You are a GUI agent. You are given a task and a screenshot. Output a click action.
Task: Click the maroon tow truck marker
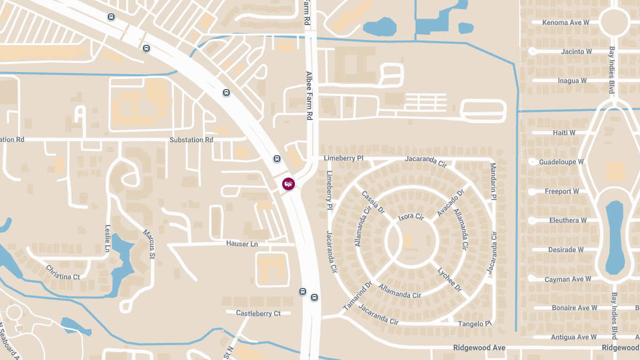click(x=288, y=184)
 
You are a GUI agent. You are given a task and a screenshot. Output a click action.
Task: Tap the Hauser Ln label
click(x=242, y=244)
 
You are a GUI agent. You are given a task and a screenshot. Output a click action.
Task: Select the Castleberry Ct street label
click(x=258, y=314)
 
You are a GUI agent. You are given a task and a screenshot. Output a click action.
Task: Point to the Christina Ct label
click(x=63, y=273)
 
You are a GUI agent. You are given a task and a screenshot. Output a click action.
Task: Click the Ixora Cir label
click(x=411, y=217)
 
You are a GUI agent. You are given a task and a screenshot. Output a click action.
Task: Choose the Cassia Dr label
click(x=373, y=203)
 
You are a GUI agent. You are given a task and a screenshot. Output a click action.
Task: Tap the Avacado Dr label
click(x=451, y=203)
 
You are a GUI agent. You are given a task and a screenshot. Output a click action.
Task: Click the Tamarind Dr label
click(x=357, y=296)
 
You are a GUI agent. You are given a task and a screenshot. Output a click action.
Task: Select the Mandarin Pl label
click(x=493, y=181)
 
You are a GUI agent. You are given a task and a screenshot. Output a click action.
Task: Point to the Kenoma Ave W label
click(x=566, y=22)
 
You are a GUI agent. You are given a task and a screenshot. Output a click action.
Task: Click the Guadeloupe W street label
click(x=561, y=162)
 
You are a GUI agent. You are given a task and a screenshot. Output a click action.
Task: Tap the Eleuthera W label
click(x=567, y=220)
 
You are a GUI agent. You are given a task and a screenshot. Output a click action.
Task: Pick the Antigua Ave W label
click(x=573, y=337)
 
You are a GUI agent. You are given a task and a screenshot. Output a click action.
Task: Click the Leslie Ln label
click(x=108, y=238)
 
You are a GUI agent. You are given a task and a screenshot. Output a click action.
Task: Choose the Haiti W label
click(x=564, y=133)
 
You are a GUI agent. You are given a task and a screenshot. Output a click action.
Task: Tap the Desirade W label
click(x=566, y=250)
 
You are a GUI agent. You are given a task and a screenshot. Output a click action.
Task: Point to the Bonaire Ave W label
click(x=570, y=308)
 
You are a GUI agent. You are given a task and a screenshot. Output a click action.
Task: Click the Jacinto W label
click(x=577, y=52)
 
